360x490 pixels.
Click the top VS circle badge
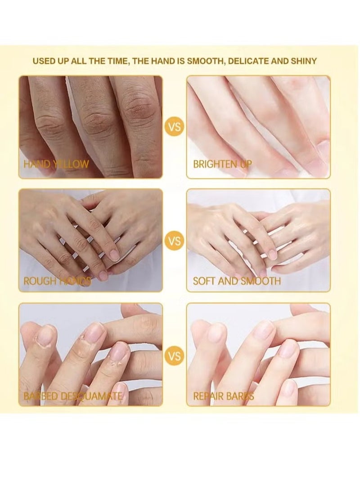[x=174, y=127]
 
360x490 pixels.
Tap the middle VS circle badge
[x=174, y=241]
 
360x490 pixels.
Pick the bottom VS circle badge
[x=174, y=356]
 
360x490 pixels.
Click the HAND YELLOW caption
[x=56, y=164]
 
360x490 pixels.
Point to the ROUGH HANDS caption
[x=57, y=281]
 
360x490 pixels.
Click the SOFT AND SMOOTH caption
[x=237, y=281]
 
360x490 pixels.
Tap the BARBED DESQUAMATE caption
[x=72, y=396]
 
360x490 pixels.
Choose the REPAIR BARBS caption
[x=224, y=396]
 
